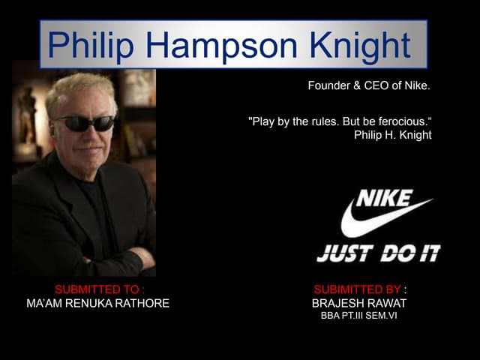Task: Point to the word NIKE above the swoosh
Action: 384,197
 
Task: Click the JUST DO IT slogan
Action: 378,253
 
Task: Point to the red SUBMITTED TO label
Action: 100,289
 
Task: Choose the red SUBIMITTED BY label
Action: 358,289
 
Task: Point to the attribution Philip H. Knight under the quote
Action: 392,135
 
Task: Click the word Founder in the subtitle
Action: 328,85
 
